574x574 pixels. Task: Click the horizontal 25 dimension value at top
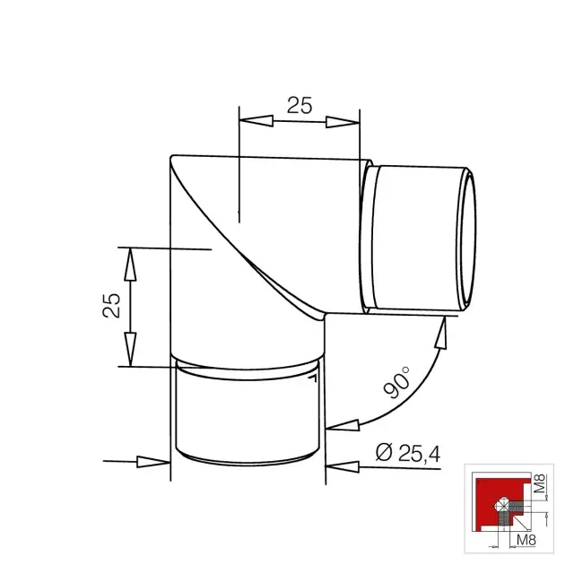(300, 106)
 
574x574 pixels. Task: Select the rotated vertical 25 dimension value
(111, 305)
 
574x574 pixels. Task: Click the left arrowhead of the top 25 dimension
(256, 120)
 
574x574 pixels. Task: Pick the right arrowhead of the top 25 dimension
(343, 122)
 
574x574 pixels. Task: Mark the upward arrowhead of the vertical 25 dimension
(130, 265)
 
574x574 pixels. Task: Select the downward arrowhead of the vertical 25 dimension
(130, 349)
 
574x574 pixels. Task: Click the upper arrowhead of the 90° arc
(441, 332)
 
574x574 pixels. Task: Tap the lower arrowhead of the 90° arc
(343, 425)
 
